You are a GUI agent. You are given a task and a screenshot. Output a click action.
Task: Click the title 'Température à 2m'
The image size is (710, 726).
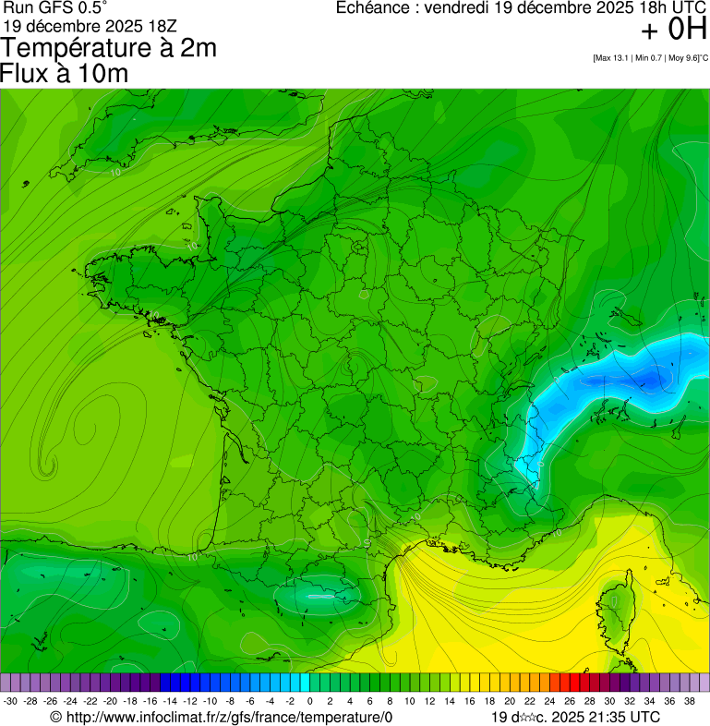tap(109, 48)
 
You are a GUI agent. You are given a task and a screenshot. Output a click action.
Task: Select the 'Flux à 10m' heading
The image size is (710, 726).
tap(65, 74)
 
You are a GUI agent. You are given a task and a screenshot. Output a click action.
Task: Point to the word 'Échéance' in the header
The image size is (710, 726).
tap(373, 7)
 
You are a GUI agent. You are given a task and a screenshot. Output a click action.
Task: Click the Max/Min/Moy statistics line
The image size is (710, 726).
tap(650, 58)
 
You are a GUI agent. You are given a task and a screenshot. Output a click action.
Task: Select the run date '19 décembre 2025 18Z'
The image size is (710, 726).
tap(97, 25)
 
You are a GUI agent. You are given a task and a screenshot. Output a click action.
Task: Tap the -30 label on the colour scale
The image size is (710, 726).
tap(11, 701)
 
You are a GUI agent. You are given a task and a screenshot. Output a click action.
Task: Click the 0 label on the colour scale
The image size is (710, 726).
tap(308, 701)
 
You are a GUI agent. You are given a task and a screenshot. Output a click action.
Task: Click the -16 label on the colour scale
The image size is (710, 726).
tap(150, 701)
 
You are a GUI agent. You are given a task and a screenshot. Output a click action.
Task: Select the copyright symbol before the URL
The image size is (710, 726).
tap(55, 717)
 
